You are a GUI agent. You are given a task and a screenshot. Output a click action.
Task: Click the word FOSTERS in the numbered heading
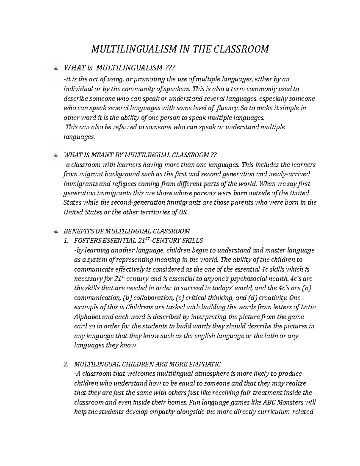click(x=88, y=240)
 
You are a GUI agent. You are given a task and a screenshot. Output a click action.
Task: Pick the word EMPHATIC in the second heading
click(x=205, y=364)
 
